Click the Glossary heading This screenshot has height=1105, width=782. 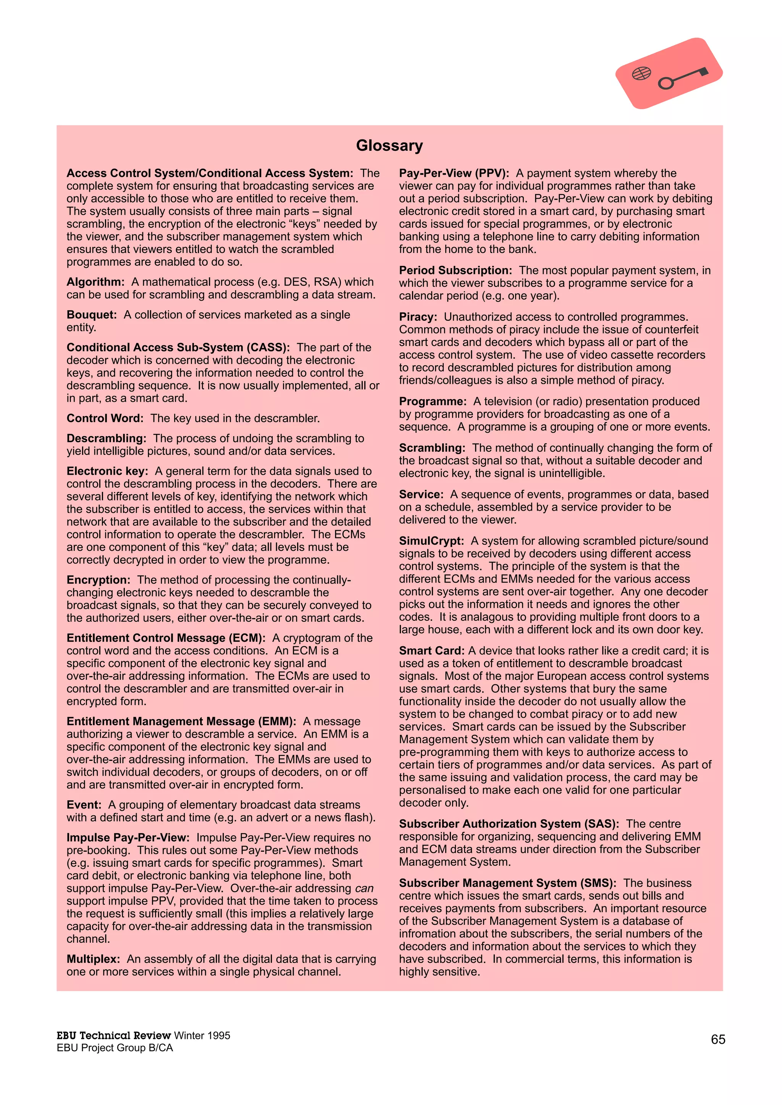tap(389, 146)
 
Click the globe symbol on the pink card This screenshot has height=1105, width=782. tap(641, 73)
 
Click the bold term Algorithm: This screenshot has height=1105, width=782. tap(95, 282)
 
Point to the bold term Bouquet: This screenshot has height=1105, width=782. tap(92, 315)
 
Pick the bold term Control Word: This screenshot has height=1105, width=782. tap(105, 418)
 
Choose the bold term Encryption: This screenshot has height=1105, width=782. tap(98, 580)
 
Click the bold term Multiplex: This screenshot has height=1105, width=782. tap(93, 959)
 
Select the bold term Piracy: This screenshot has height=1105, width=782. tap(418, 317)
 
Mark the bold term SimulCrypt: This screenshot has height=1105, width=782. tap(431, 541)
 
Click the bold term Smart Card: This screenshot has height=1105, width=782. tap(431, 651)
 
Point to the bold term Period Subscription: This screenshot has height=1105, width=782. tap(455, 271)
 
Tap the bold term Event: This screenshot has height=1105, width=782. tap(84, 805)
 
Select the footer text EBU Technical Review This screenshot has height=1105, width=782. tap(114, 1035)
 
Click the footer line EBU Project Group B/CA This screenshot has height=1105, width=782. tap(115, 1048)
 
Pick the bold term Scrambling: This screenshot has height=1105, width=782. tap(432, 448)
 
